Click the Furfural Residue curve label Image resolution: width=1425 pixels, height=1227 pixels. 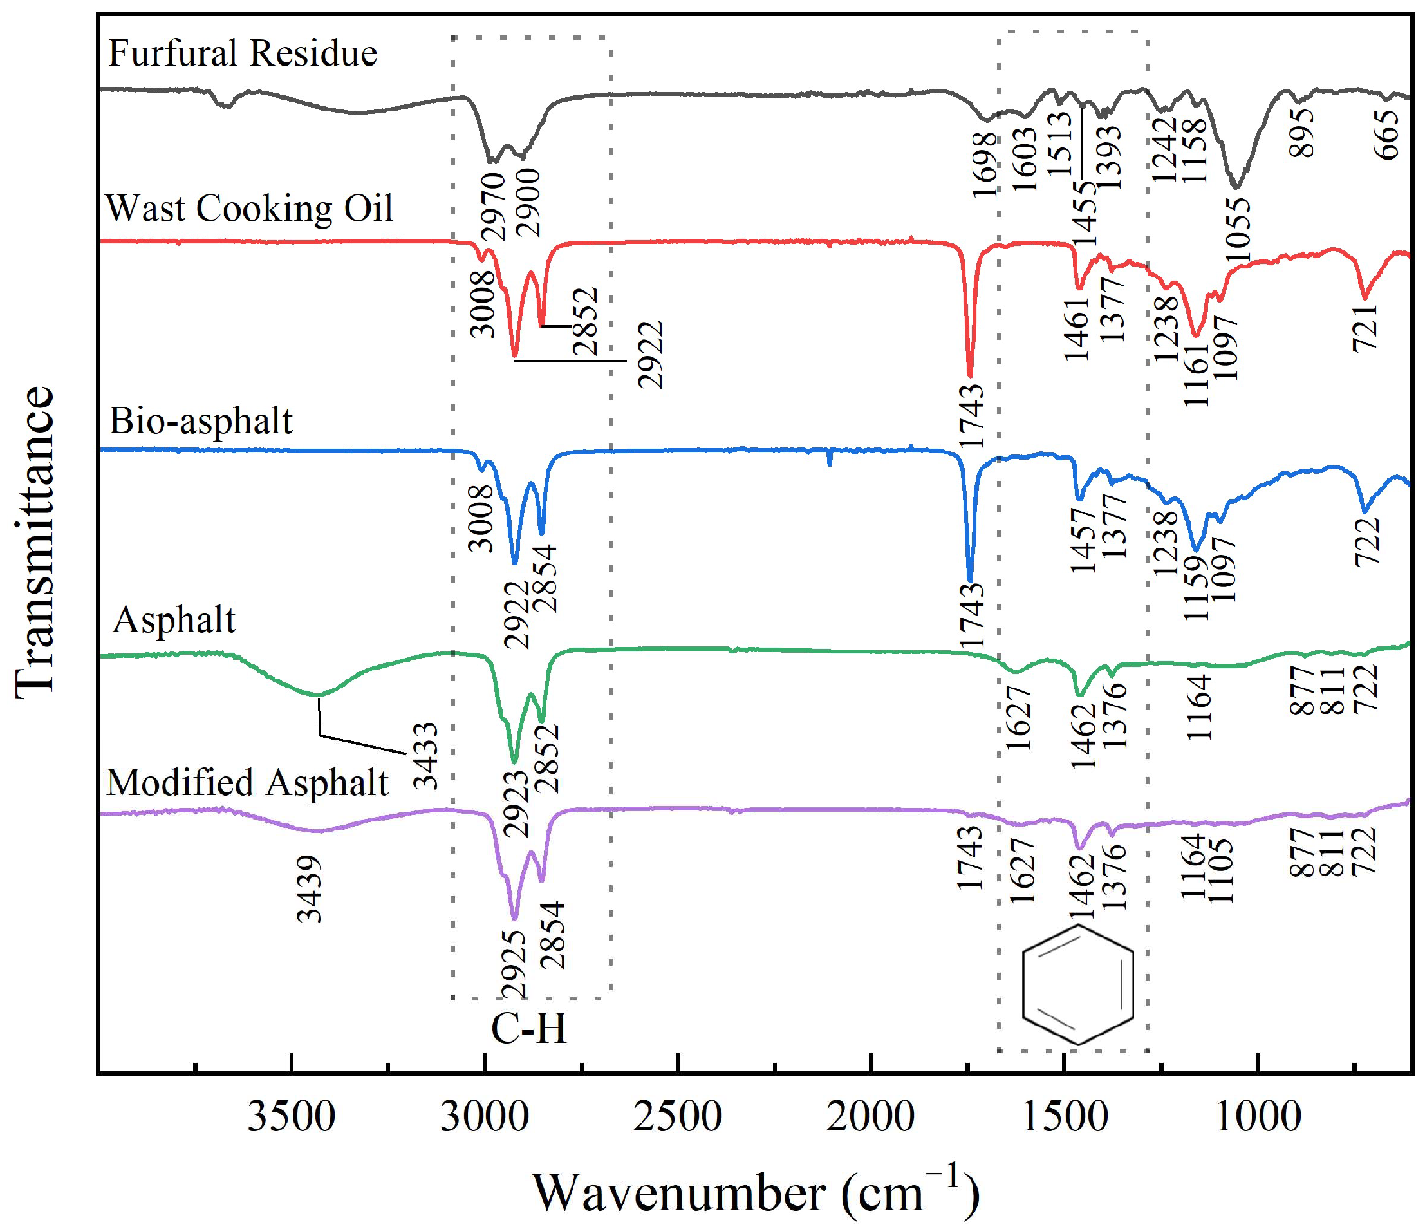pyautogui.click(x=243, y=53)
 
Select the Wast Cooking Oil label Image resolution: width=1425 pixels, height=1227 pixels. pyautogui.click(x=249, y=208)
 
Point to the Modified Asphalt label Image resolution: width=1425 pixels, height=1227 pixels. pyautogui.click(x=248, y=782)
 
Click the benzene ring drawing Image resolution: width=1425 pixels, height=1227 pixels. pyautogui.click(x=1077, y=984)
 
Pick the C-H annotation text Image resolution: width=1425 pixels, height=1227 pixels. pyautogui.click(x=528, y=1029)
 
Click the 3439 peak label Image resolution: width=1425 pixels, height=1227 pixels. pyautogui.click(x=309, y=888)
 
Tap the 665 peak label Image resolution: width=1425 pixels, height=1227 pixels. pyautogui.click(x=1388, y=135)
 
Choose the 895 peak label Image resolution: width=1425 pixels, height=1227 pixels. pyautogui.click(x=1302, y=133)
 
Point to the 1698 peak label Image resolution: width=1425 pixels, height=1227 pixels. pyautogui.click(x=985, y=164)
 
